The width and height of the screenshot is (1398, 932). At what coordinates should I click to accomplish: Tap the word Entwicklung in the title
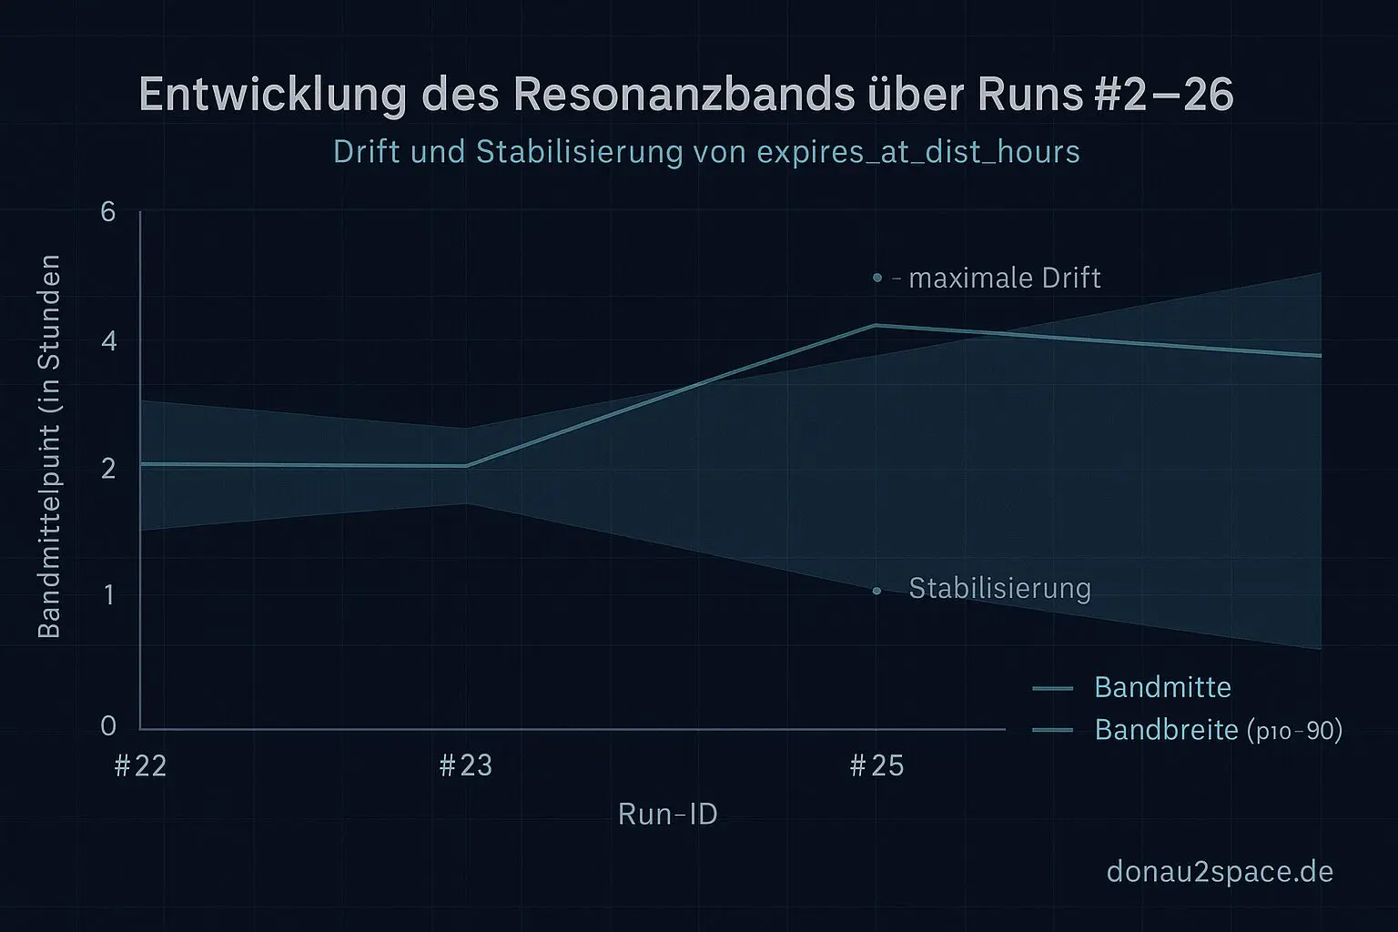point(272,96)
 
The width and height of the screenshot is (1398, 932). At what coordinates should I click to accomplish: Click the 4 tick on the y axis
point(109,341)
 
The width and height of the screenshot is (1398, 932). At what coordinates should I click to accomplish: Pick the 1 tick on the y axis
point(109,595)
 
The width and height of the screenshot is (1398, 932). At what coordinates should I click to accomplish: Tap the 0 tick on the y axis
point(109,725)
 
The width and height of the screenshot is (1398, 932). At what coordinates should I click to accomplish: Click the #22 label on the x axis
point(141,766)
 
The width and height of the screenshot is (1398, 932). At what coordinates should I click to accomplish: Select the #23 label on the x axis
point(466,766)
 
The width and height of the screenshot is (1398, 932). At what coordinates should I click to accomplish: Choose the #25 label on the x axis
point(876,766)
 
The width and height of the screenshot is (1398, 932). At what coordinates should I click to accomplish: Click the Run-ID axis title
point(667,814)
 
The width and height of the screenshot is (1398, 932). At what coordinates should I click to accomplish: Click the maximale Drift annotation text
point(1004,278)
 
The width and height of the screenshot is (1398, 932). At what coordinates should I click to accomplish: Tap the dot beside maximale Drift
point(877,277)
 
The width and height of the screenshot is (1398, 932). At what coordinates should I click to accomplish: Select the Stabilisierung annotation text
point(999,589)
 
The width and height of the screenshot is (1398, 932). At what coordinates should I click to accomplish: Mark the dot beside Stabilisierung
point(876,591)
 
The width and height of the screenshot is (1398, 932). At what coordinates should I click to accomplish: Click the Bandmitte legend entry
point(1162,687)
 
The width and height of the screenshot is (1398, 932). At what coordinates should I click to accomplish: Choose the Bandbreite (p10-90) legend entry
point(1218,730)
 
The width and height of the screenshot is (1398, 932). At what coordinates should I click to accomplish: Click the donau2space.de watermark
point(1220,871)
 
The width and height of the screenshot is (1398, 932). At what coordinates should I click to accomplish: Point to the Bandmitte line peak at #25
point(876,325)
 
